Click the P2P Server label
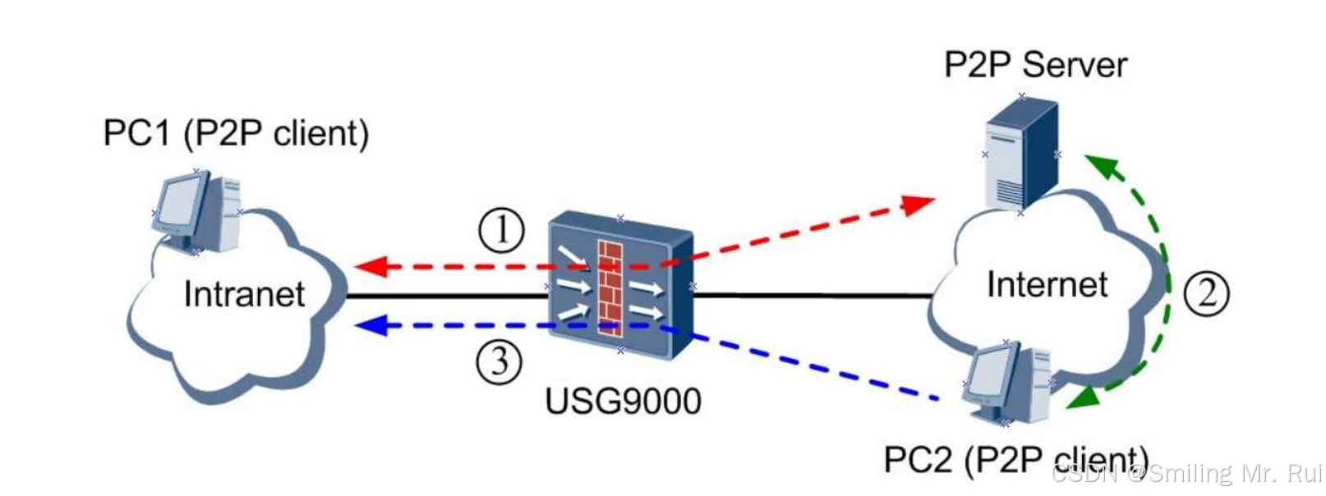tap(1035, 64)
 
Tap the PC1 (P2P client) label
tap(236, 133)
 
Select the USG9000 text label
tap(624, 402)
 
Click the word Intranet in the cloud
tap(244, 294)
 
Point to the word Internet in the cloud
tap(1047, 284)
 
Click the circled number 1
tap(501, 230)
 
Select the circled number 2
tap(1206, 293)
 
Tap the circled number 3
tap(500, 361)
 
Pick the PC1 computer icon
tap(197, 212)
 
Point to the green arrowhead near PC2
tap(1080, 398)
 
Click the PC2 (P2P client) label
tap(1015, 460)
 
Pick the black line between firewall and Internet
tap(813, 296)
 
